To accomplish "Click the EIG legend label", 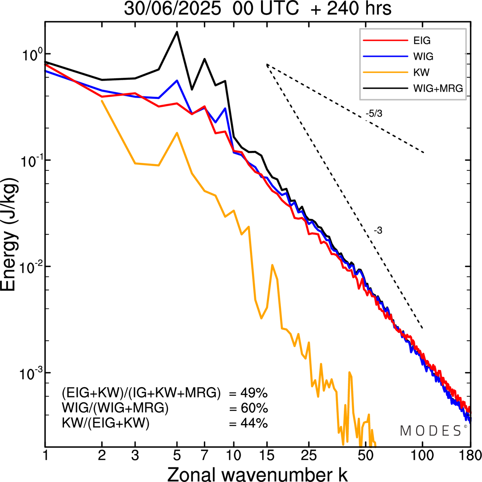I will click(422, 41).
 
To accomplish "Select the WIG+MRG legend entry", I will click(438, 88).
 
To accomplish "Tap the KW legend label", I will click(421, 72).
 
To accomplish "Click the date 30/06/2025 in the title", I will click(172, 9).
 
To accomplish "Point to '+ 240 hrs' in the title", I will click(351, 9).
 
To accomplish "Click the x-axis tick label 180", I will click(470, 455).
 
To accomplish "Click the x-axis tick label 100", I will click(423, 455).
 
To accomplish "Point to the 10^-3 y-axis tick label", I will click(30, 373).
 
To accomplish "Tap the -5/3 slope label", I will click(374, 114).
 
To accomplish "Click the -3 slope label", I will click(378, 231).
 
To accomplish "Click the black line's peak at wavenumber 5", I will click(177, 32).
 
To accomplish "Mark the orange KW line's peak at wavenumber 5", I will click(177, 133).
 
